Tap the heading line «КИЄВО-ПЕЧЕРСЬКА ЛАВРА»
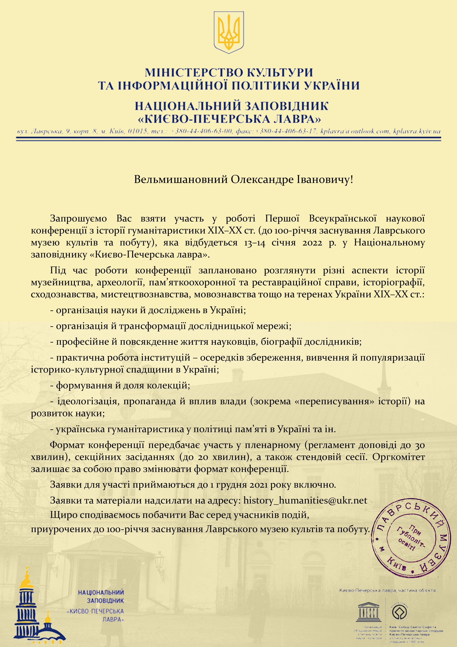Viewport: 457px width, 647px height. point(229,119)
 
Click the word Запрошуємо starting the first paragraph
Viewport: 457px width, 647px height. point(78,218)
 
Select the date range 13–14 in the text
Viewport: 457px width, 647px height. point(255,243)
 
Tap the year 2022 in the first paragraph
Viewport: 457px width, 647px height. point(312,243)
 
